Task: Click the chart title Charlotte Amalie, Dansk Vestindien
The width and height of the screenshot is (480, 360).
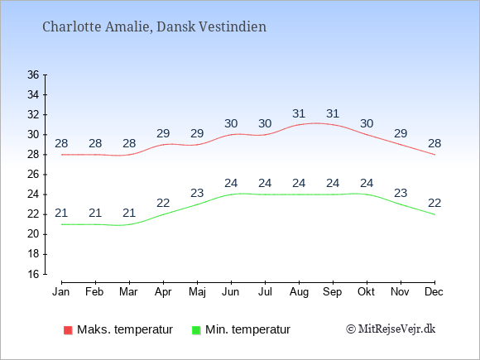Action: (x=154, y=26)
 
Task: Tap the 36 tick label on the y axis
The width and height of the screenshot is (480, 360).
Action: (x=33, y=74)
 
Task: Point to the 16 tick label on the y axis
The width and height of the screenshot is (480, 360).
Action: (x=33, y=274)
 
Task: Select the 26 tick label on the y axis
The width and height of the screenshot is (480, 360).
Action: (x=33, y=175)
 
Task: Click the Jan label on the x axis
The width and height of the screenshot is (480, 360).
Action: (x=61, y=292)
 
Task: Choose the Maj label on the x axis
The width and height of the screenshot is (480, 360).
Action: (x=197, y=292)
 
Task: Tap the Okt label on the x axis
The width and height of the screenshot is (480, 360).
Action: (x=366, y=292)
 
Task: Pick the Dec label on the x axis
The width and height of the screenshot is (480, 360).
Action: (x=434, y=292)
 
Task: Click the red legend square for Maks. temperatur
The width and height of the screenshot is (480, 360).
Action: (x=68, y=330)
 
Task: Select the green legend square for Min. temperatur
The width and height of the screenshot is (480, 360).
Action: (x=196, y=330)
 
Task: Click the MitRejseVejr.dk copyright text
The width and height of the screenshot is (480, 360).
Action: (x=391, y=329)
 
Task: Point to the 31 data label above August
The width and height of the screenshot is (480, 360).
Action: (x=299, y=114)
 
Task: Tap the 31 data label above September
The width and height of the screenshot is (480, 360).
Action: (x=333, y=114)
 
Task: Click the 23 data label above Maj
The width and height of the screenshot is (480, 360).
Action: (x=197, y=193)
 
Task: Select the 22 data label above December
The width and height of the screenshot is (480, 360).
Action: (x=434, y=203)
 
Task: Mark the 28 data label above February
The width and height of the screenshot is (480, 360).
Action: (x=95, y=143)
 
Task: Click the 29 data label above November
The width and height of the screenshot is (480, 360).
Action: (x=401, y=133)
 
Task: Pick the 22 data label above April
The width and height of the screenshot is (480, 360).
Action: (x=163, y=203)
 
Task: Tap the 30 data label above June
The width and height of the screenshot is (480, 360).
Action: (x=231, y=123)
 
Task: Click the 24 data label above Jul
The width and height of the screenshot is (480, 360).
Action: (x=265, y=184)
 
